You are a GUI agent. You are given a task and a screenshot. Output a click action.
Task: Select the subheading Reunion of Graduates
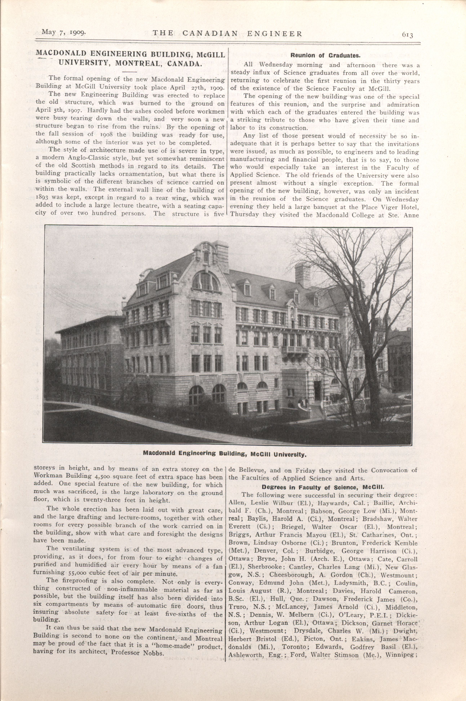(x=325, y=55)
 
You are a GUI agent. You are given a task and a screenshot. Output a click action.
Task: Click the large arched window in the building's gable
(x=205, y=281)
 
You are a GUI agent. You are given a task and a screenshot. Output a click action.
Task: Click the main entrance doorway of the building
(x=317, y=390)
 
